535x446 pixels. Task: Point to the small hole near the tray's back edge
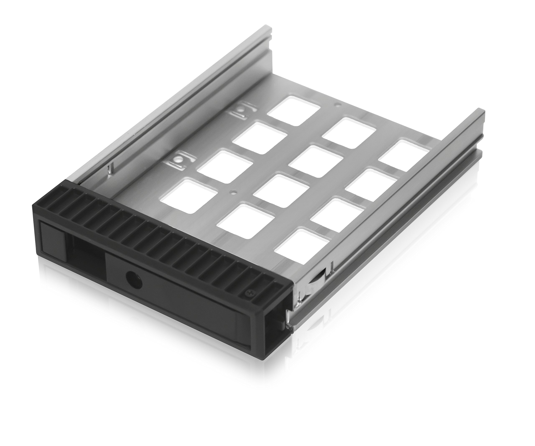[x=338, y=104]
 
